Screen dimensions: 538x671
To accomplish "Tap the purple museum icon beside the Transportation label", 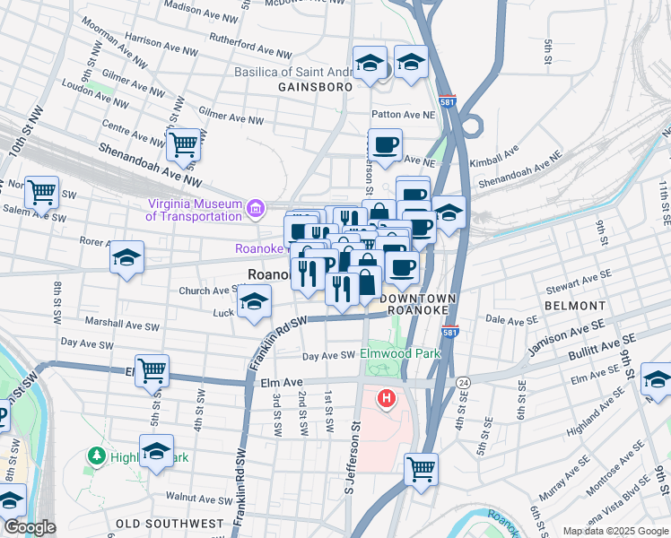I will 257,209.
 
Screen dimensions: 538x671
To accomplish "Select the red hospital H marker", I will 387,398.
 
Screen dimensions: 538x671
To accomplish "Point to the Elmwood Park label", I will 400,354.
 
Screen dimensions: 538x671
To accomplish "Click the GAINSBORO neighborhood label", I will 312,88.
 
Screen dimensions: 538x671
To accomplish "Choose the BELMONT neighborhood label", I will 573,306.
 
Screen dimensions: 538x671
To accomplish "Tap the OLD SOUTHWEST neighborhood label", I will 170,523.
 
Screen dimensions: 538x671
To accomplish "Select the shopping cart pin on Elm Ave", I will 152,369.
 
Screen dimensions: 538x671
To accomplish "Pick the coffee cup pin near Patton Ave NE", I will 386,145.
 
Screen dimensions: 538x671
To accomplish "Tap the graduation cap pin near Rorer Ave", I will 127,257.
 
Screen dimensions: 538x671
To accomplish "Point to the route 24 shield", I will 463,382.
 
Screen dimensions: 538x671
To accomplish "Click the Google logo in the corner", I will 29,527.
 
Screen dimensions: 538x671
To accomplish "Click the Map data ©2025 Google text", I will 615,531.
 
